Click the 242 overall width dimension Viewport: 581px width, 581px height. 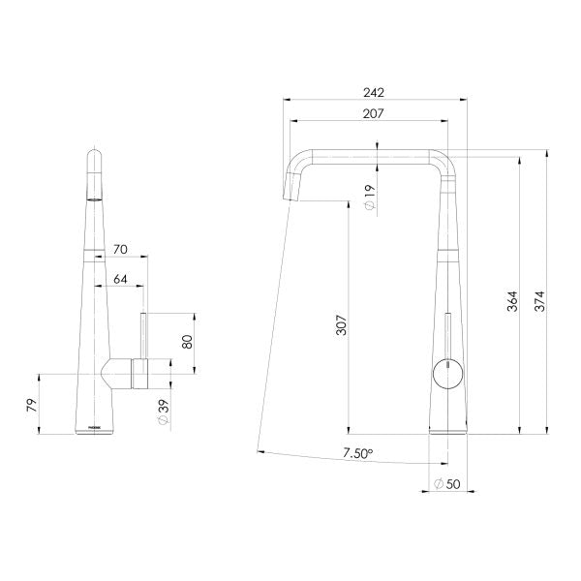pos(374,93)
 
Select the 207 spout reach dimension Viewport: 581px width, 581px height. pos(374,114)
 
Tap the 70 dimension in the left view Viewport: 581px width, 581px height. pos(121,249)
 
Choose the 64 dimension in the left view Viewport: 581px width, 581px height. pos(121,280)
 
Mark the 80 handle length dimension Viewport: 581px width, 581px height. pos(188,343)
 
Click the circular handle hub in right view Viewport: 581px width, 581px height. pos(447,372)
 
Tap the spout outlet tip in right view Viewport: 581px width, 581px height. pos(290,196)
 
